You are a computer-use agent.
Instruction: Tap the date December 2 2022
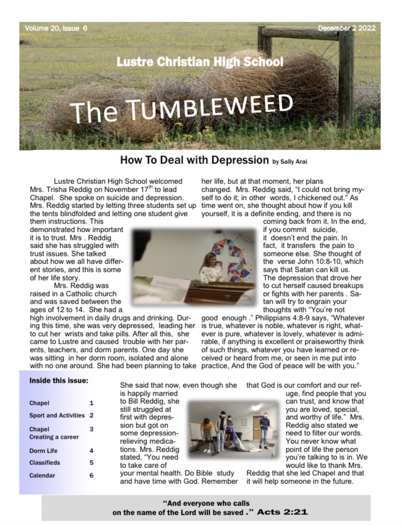347,28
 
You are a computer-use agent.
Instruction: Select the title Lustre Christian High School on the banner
199,63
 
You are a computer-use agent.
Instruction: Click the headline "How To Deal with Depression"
194,160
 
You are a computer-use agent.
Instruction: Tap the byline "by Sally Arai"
290,162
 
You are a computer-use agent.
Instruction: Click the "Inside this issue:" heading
59,381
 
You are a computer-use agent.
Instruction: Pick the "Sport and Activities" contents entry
57,415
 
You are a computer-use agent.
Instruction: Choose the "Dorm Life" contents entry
43,450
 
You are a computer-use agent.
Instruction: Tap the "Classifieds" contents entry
45,462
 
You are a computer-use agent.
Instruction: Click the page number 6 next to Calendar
91,476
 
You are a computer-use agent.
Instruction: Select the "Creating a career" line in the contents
54,437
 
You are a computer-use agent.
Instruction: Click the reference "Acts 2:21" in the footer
282,512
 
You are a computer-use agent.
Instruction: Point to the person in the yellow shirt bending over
207,428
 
